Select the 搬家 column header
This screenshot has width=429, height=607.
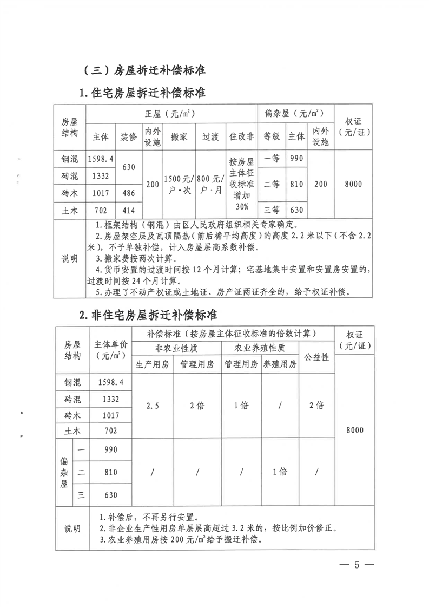[179, 136]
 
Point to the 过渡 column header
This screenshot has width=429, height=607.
[210, 136]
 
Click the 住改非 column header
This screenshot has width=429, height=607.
[241, 136]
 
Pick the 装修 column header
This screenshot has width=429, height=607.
[128, 136]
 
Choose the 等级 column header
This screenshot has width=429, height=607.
[271, 136]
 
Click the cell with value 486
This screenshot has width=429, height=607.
[128, 193]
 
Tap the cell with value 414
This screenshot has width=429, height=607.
[128, 210]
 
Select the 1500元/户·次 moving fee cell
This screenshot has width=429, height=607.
[179, 184]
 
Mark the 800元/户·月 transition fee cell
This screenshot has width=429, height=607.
[210, 184]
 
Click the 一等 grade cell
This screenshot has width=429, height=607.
[271, 158]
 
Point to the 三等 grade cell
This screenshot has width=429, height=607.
[271, 210]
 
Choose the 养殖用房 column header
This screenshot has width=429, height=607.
[280, 364]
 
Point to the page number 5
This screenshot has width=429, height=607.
[357, 565]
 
